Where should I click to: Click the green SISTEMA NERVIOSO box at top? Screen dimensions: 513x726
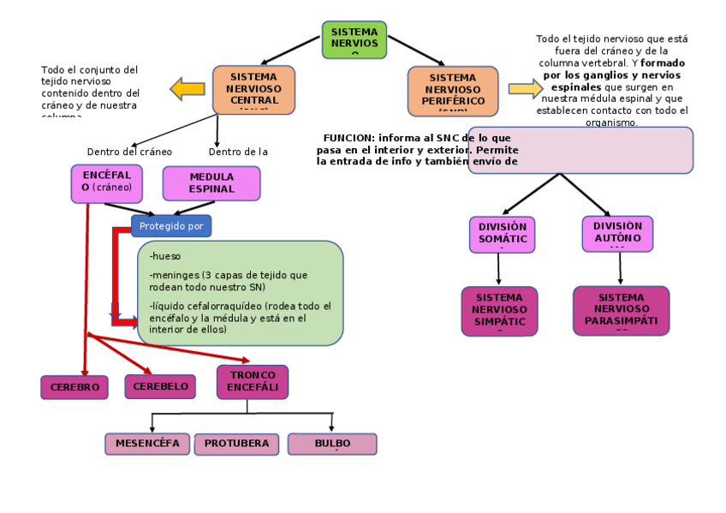354,39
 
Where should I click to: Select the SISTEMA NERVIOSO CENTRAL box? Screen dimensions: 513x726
253,89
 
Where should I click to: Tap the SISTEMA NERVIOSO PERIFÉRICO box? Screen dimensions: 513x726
452,91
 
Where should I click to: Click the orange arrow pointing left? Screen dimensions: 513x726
187,88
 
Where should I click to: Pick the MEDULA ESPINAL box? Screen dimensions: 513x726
211,183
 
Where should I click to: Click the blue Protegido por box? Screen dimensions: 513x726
171,225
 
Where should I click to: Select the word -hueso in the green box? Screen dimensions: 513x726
165,256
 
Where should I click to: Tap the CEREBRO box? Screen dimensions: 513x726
74,387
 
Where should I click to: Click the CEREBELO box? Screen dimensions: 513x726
160,386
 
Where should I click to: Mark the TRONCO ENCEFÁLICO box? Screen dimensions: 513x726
253,382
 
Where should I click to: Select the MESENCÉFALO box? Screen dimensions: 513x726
147,444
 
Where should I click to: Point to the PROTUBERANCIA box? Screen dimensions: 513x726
236,444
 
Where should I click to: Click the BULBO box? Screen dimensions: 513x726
331,444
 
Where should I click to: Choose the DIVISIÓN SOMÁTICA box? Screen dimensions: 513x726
502,235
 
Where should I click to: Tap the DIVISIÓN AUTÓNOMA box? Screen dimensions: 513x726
617,234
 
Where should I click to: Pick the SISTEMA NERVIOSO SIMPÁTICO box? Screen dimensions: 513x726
499,310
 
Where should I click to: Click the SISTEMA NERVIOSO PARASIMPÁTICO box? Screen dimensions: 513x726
621,310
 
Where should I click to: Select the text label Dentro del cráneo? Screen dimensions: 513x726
129,152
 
